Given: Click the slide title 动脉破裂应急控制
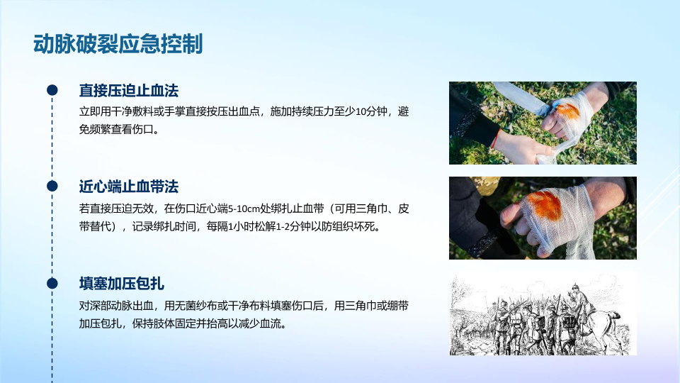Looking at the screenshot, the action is coord(118,44).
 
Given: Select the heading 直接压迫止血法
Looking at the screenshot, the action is coord(128,91).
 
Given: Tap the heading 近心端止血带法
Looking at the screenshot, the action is coord(128,187).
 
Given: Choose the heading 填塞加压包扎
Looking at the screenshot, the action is coord(121,284).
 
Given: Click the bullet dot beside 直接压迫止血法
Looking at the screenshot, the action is coord(52,90).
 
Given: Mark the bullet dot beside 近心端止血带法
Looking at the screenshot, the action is coord(52,186).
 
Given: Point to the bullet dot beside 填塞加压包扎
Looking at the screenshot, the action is coord(52,283).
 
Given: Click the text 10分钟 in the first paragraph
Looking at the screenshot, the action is coord(370,111).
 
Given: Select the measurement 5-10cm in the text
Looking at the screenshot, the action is coord(244,209).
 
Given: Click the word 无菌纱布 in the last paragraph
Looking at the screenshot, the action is coord(196,306).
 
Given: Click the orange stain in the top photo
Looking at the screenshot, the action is coord(567,111).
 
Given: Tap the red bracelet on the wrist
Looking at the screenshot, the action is coord(496,138).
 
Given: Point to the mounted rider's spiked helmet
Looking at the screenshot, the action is coord(577,287).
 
